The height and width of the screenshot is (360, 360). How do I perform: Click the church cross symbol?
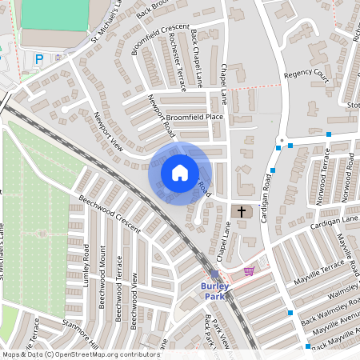242,211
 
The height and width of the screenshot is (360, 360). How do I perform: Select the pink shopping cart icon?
249,271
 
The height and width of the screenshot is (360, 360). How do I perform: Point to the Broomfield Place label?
196,117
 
